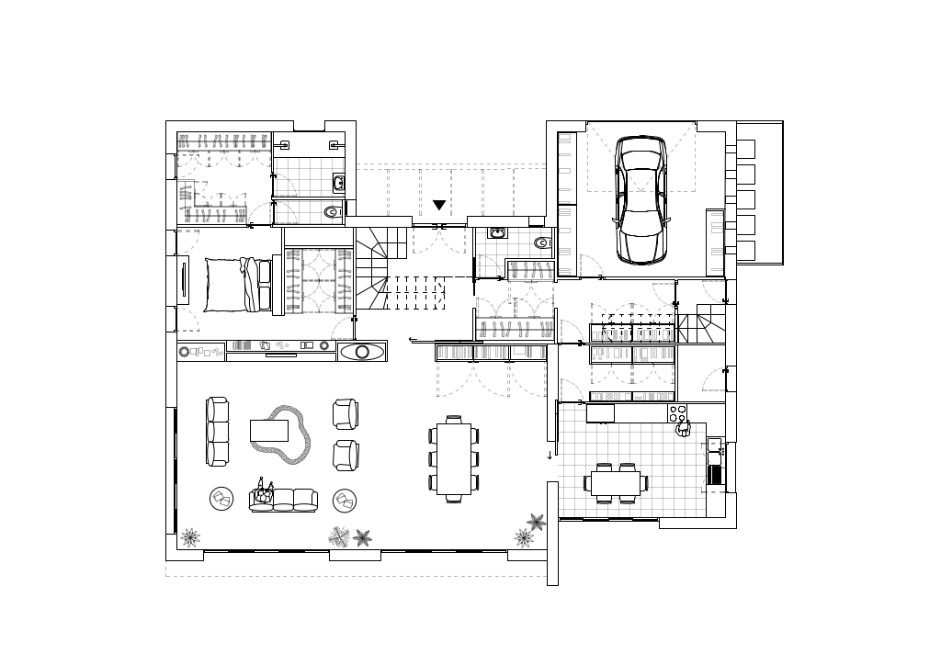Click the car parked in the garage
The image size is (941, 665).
(641, 200)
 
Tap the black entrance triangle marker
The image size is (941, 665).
(439, 205)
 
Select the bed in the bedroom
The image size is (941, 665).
(236, 284)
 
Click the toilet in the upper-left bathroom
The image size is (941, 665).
(332, 212)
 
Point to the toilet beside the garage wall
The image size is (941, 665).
(542, 243)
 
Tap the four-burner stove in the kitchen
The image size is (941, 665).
(678, 412)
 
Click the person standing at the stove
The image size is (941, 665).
(682, 428)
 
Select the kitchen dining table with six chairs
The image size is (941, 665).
(616, 482)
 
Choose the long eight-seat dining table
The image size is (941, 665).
(454, 458)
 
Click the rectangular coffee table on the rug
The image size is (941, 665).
(269, 430)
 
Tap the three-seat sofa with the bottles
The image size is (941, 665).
(283, 500)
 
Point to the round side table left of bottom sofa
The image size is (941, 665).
(222, 499)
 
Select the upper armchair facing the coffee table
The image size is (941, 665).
(346, 413)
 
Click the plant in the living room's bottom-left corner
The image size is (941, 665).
(190, 536)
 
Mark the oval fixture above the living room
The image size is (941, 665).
(361, 351)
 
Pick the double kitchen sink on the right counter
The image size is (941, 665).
(715, 466)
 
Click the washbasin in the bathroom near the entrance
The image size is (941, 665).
(497, 233)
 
